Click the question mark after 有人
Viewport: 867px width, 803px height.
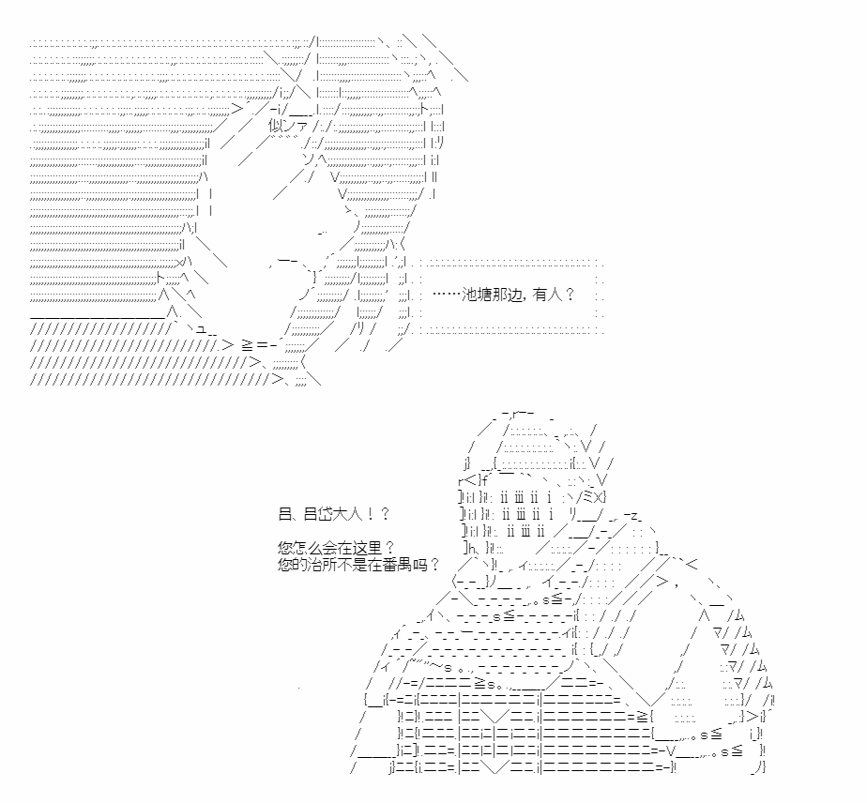[x=570, y=295]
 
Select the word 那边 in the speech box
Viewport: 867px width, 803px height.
[x=507, y=295]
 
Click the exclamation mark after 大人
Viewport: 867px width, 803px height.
[x=370, y=514]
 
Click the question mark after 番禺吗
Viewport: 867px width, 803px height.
[x=434, y=565]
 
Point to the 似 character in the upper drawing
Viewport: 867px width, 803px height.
[x=276, y=126]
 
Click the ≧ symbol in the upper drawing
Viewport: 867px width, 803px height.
[x=247, y=345]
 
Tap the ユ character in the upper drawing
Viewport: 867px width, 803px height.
[x=201, y=329]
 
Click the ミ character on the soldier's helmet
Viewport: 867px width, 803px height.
[x=589, y=496]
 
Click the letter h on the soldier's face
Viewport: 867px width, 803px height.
[x=472, y=548]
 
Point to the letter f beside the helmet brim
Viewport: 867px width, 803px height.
[x=484, y=479]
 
